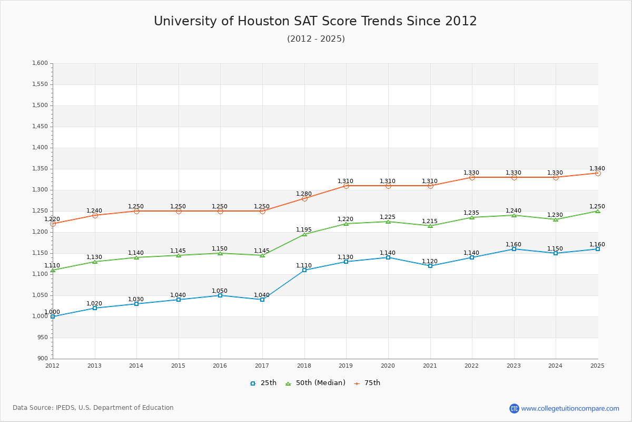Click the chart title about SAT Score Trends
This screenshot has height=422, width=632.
point(315,21)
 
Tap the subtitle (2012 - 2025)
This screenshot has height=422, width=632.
point(316,39)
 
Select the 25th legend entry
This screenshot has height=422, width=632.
point(263,383)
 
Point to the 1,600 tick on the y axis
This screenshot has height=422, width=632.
point(40,63)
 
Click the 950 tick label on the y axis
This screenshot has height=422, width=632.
point(42,338)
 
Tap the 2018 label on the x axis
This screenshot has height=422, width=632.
point(304,366)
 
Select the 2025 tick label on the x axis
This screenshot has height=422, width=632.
point(597,366)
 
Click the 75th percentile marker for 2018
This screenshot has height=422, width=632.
point(304,198)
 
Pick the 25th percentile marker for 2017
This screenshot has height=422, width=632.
point(262,300)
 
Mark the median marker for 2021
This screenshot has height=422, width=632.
point(430,226)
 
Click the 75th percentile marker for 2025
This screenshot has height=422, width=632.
point(598,173)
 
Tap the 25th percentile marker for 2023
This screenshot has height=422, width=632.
point(514,249)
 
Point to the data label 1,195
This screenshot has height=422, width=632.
point(304,229)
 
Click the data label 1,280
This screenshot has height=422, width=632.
point(304,194)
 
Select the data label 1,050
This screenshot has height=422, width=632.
point(220,291)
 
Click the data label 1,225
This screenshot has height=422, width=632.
point(388,217)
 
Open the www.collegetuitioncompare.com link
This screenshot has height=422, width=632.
point(570,408)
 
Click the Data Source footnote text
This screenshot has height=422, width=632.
point(93,408)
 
